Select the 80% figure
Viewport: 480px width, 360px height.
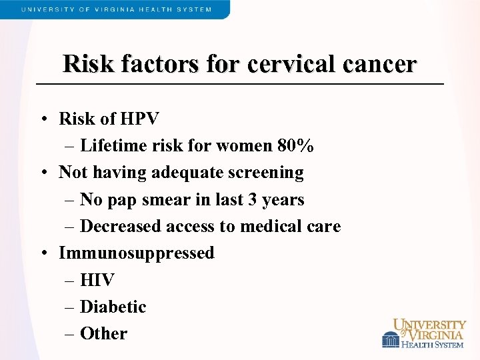(x=296, y=145)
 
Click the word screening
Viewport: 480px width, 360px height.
(x=267, y=173)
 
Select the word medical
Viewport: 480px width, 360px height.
(x=268, y=226)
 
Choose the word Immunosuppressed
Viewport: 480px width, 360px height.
(x=137, y=253)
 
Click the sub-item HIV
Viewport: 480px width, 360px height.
(x=97, y=280)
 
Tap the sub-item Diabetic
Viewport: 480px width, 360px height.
(x=113, y=307)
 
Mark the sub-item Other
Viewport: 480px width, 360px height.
(x=103, y=333)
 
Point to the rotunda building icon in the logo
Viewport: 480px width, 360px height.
(x=390, y=339)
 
